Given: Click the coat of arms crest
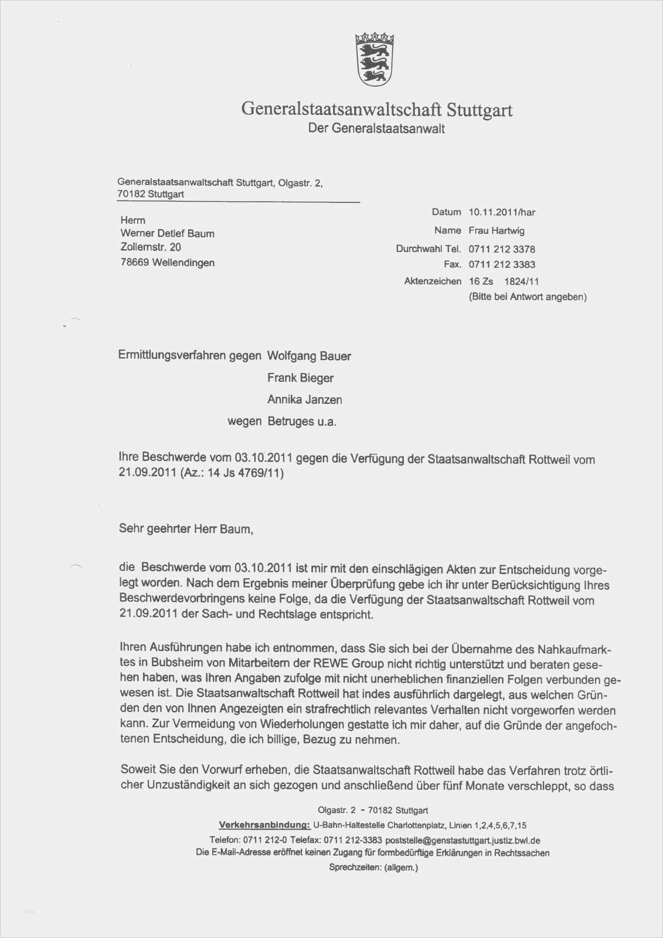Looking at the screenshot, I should coord(374,60).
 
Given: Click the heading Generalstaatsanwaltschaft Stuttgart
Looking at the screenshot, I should coord(376,110).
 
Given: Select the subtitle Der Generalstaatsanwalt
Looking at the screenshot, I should coord(376,128).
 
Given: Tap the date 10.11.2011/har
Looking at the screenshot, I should coord(502,212).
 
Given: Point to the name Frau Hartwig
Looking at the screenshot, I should coord(497,230).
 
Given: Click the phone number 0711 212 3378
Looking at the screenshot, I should coord(502,249).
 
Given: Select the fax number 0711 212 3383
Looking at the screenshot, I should coord(502,264).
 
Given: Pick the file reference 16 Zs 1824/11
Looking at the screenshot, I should coord(504,281).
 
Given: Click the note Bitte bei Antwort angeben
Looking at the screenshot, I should coord(528,297).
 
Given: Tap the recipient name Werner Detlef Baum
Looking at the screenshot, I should coord(168,233).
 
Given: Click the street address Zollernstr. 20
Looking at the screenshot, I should coord(151,247).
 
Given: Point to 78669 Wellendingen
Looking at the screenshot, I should coord(168,263).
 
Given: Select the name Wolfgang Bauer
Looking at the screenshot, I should coord(309,356).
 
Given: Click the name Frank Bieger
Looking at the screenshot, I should coord(300,378).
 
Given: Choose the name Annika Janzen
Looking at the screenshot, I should coord(305,400).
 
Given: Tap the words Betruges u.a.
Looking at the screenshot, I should coord(302,422).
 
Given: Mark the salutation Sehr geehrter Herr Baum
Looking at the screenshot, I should coord(186,529).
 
